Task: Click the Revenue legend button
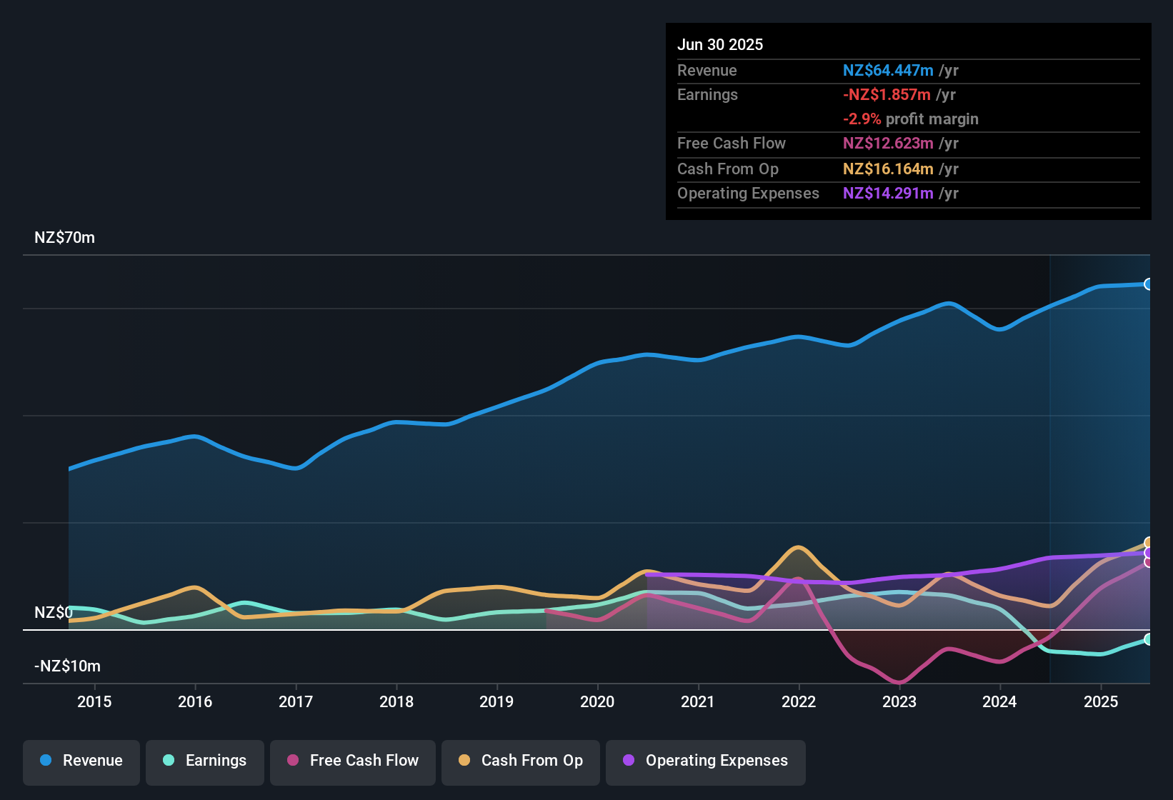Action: [x=81, y=761]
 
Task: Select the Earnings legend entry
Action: [x=205, y=761]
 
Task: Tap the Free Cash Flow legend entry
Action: [x=353, y=761]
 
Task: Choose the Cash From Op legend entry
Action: [x=521, y=761]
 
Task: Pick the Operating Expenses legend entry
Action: [x=705, y=761]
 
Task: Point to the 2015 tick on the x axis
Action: [x=94, y=701]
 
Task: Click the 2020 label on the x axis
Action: [x=597, y=701]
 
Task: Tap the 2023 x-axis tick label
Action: [x=899, y=701]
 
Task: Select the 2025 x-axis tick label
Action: [x=1101, y=701]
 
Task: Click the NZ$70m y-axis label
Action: [x=64, y=238]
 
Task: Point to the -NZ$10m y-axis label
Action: [x=67, y=666]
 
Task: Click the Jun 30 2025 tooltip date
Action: [x=720, y=45]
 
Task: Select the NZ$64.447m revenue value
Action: [x=888, y=71]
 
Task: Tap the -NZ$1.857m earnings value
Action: [x=887, y=95]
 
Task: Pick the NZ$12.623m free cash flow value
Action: [x=888, y=144]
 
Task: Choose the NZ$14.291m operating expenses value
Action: [x=888, y=194]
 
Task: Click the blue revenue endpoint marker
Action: [x=1148, y=284]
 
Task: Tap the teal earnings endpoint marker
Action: [x=1148, y=639]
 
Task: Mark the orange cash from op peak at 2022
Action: [x=798, y=548]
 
